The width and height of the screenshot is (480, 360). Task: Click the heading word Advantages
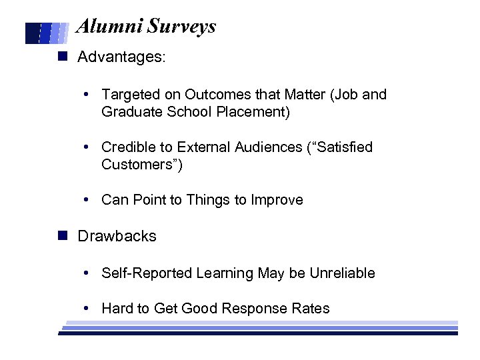[121, 57]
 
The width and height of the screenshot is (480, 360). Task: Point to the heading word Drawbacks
[117, 236]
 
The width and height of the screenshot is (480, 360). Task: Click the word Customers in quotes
[141, 164]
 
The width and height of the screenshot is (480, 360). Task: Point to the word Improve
[277, 200]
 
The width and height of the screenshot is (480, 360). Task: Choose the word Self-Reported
[147, 273]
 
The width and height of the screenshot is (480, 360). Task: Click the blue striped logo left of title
[47, 33]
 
